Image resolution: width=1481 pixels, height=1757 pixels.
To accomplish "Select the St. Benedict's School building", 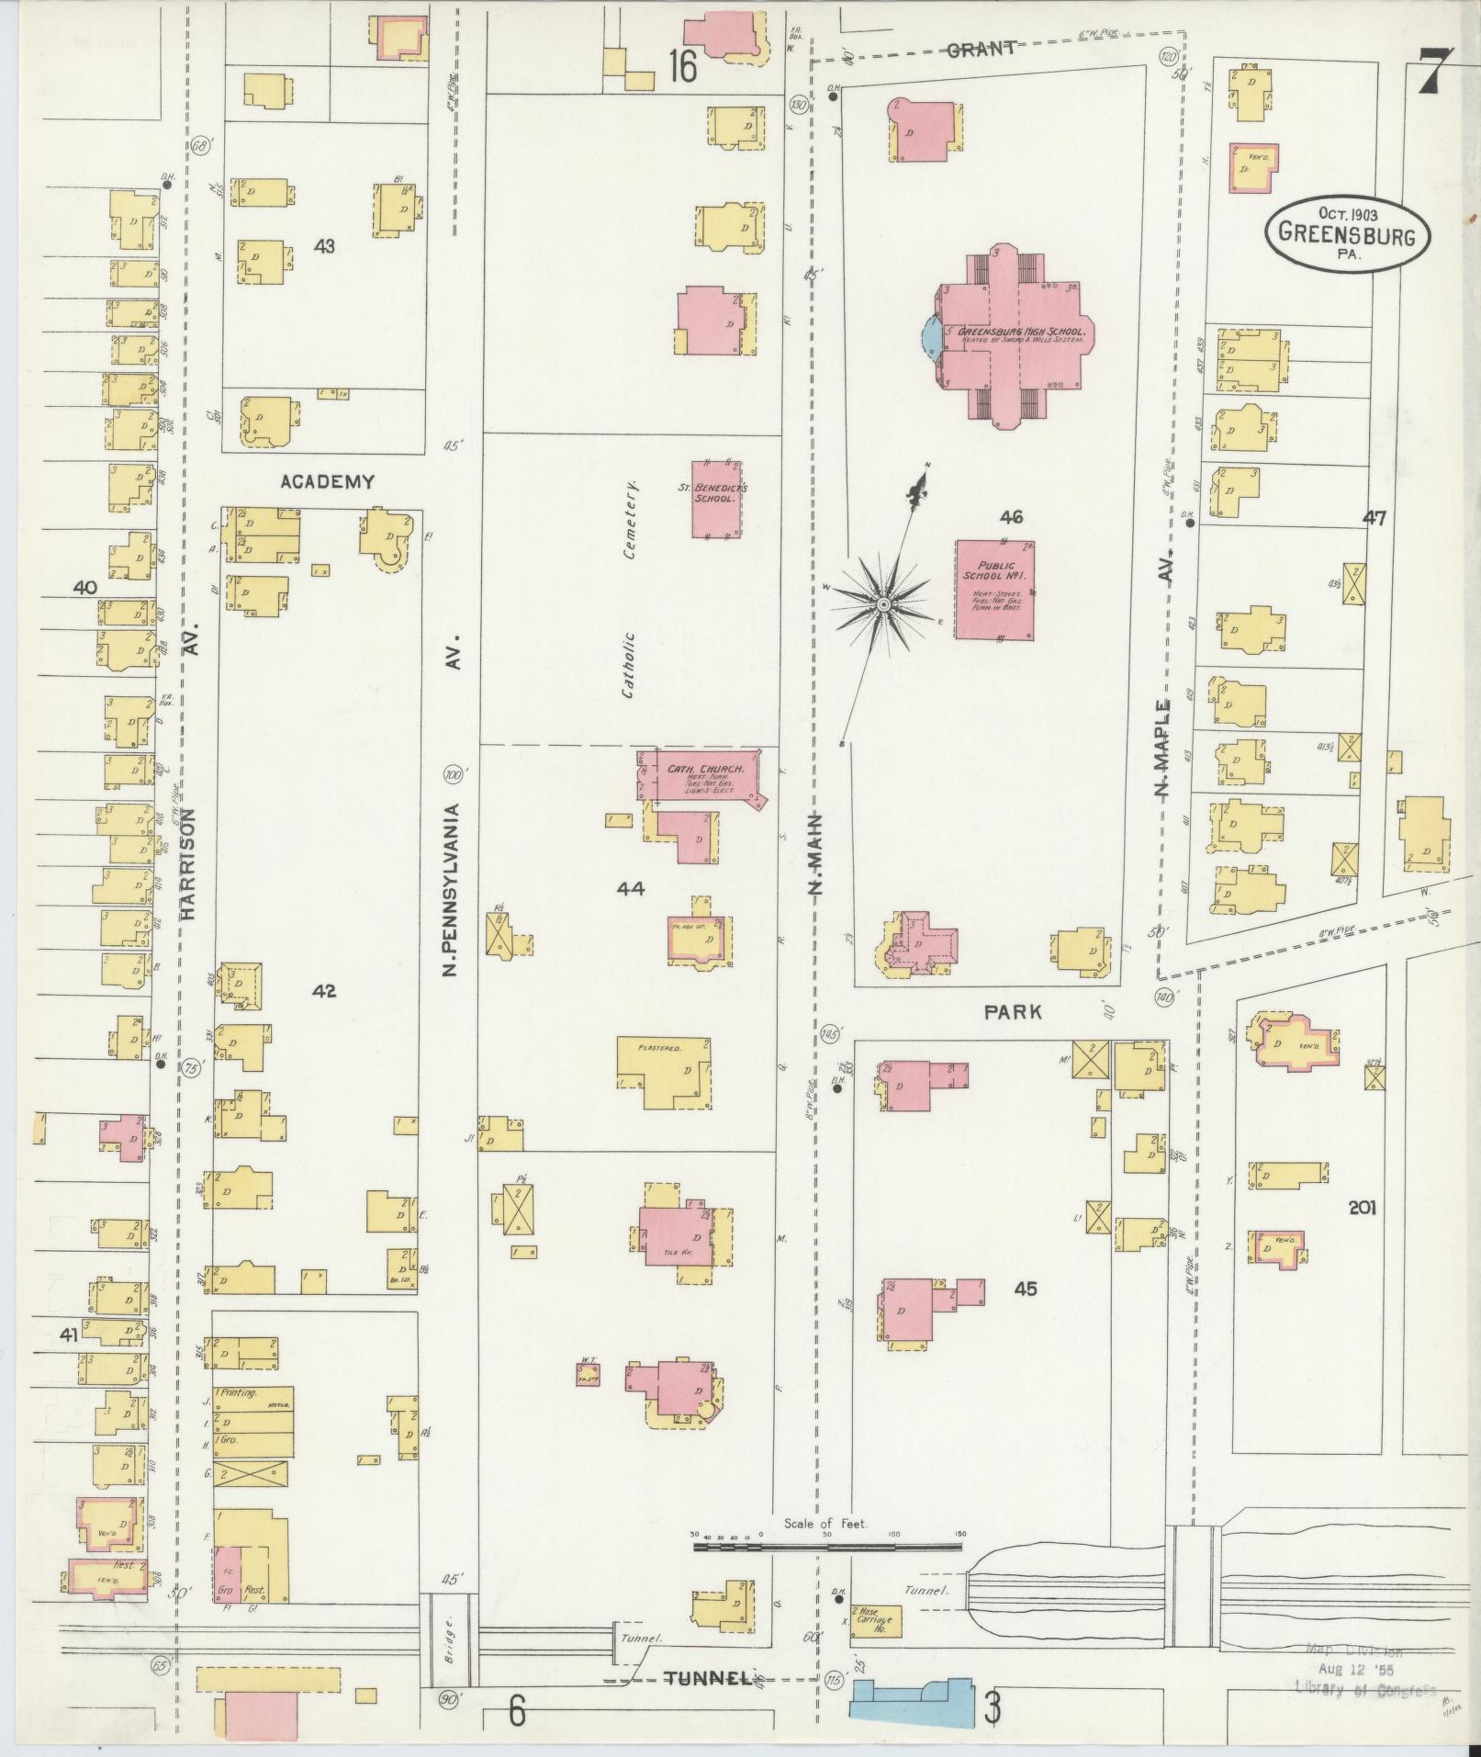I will click(x=718, y=498).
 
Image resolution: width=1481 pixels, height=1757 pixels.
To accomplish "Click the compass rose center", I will click(x=882, y=604).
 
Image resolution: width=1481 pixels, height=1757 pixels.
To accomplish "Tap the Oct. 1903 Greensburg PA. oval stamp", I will click(x=1339, y=232).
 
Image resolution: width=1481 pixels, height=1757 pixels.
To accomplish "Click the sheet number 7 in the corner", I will click(x=1434, y=69).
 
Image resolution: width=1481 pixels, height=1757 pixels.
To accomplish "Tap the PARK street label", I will click(x=1013, y=1012).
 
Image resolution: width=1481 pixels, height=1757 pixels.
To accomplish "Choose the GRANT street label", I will click(x=981, y=49).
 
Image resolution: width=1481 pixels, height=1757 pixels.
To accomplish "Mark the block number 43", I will click(x=324, y=246).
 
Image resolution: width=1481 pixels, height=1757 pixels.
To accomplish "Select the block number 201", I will click(x=1362, y=1209).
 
